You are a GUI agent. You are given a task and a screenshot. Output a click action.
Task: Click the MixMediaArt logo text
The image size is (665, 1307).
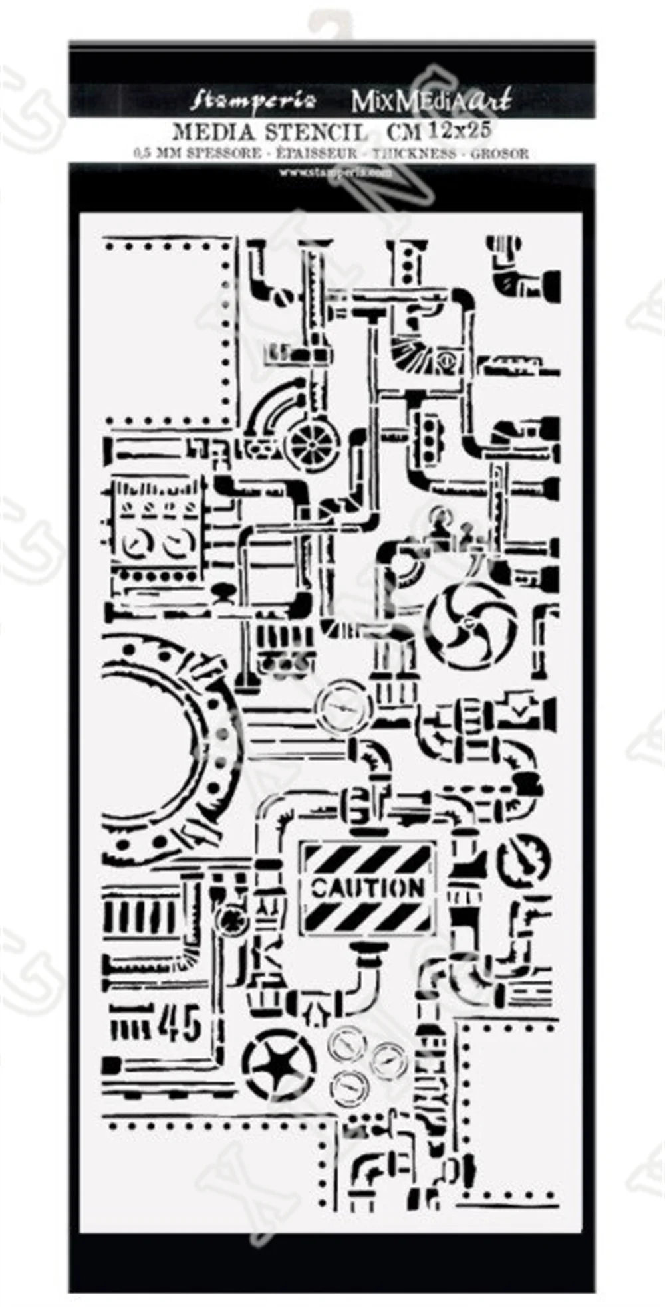[431, 101]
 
